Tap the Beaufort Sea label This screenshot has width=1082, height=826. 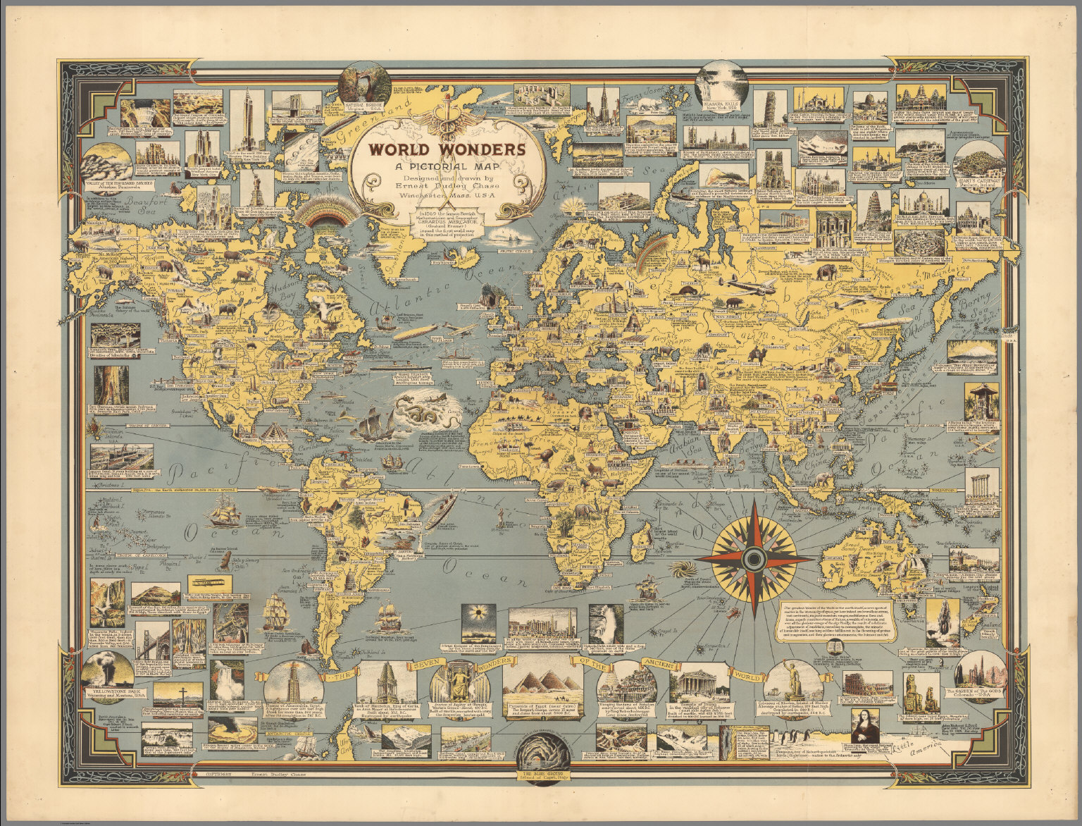(x=133, y=204)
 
